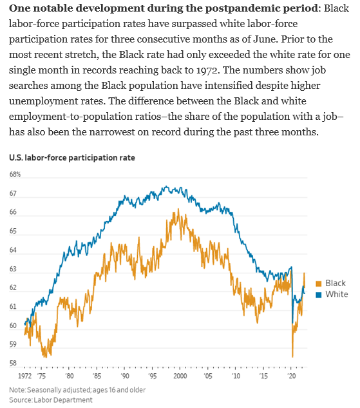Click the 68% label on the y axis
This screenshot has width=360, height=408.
point(15,175)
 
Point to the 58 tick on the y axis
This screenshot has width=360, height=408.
point(14,364)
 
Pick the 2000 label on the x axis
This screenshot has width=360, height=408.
point(180,374)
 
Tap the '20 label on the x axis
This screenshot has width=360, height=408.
point(292,374)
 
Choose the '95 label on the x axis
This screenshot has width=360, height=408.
point(152,374)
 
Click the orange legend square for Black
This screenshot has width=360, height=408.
point(318,284)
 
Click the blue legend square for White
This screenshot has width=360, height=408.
point(318,295)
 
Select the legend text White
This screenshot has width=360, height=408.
point(336,295)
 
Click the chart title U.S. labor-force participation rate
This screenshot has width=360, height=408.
point(72,157)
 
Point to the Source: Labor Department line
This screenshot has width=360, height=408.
point(51,400)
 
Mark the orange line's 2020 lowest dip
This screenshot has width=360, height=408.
point(292,356)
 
